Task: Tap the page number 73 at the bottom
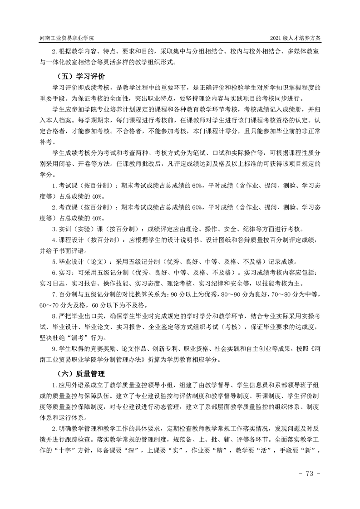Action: pyautogui.click(x=311, y=474)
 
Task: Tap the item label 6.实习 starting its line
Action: pyautogui.click(x=62, y=273)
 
